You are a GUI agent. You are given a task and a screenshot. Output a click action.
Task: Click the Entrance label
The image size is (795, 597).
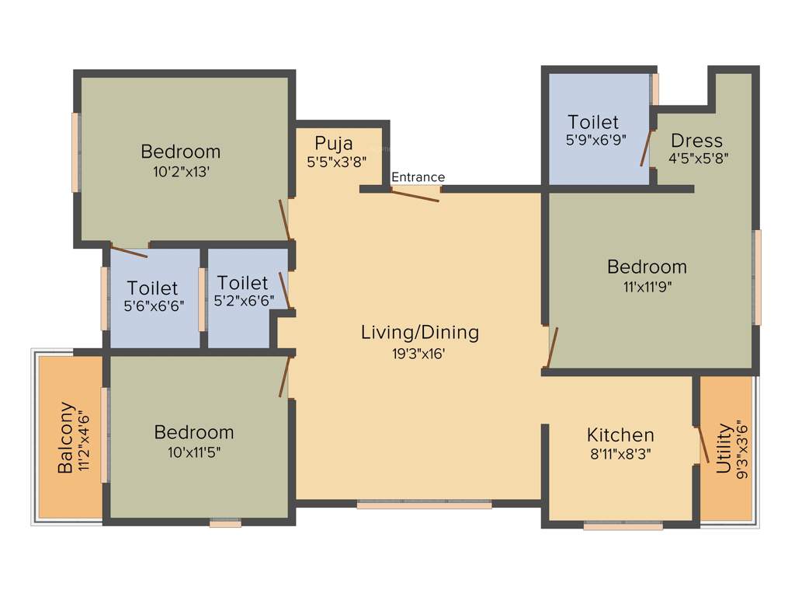tap(418, 177)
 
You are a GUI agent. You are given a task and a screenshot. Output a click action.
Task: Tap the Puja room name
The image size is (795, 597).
tap(334, 143)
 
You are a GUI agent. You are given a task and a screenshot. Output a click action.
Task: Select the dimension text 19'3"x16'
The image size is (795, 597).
tap(419, 353)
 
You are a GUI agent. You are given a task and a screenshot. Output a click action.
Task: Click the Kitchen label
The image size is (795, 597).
tap(620, 435)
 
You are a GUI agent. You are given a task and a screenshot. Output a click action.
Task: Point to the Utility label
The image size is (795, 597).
tap(724, 449)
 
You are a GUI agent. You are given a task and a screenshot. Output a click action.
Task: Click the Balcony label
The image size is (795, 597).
tap(67, 437)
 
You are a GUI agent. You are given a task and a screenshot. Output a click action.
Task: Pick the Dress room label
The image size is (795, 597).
tap(696, 141)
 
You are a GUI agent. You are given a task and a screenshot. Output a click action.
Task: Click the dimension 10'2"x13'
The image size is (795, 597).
tap(181, 171)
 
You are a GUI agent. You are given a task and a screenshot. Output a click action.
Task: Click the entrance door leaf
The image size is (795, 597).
tap(415, 194)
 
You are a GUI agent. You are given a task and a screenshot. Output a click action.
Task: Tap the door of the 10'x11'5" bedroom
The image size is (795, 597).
tap(286, 376)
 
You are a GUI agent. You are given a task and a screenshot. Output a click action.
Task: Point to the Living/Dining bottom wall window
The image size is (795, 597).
tap(424, 504)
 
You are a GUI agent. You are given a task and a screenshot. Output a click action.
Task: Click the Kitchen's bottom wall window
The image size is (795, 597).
tap(623, 526)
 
